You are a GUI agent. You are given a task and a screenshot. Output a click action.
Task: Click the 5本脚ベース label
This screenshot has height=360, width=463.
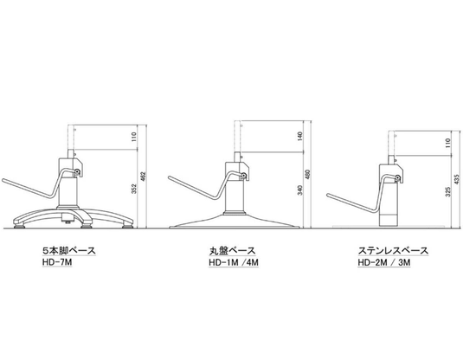click(x=69, y=251)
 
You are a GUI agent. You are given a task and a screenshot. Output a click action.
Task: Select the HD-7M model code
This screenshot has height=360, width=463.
click(x=57, y=262)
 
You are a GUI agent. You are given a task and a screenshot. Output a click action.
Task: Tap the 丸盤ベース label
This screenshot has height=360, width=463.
click(x=233, y=251)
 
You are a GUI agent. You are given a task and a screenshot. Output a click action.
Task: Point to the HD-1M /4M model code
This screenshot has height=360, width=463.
click(x=234, y=262)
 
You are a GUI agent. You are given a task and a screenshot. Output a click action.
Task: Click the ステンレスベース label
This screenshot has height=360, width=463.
click(x=393, y=251)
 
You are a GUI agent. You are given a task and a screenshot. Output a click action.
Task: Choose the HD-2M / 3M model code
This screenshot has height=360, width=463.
click(x=384, y=262)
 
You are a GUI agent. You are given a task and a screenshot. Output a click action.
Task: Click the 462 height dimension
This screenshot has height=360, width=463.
click(x=144, y=177)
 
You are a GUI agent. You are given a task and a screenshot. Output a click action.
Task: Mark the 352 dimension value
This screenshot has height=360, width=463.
click(x=134, y=189)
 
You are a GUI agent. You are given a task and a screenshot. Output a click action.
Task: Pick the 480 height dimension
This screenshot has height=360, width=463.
click(x=308, y=175)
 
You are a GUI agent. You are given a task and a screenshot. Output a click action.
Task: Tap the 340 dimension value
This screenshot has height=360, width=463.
click(x=300, y=190)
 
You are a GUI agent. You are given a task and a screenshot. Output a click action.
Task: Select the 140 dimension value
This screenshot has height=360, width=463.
click(x=300, y=136)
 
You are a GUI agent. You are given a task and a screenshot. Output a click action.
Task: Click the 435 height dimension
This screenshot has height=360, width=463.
click(x=457, y=179)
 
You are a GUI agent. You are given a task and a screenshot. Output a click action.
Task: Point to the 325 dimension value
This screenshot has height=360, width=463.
click(x=448, y=191)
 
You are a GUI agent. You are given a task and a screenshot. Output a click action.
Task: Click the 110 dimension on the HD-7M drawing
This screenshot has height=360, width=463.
click(x=134, y=137)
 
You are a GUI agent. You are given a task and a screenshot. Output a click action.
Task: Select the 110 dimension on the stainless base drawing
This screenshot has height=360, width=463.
click(x=448, y=143)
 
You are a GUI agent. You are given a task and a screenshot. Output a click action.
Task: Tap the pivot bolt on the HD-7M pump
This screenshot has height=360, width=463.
click(x=78, y=171)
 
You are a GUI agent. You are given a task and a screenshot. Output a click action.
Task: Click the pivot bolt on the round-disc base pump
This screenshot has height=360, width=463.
click(x=244, y=175)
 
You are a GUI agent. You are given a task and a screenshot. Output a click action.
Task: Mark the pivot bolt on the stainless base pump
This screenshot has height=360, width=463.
click(x=398, y=177)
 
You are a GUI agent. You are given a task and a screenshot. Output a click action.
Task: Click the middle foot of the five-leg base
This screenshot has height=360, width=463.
click(x=87, y=227)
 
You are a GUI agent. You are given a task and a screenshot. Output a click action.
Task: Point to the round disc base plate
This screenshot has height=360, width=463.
click(x=235, y=222)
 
